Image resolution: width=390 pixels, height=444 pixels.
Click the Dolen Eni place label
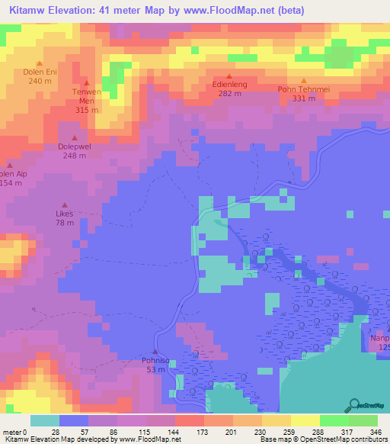(40, 72)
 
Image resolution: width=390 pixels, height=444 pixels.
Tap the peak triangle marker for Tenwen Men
(86, 82)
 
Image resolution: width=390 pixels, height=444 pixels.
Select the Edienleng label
(229, 85)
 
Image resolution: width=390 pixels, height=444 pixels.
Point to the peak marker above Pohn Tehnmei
(304, 80)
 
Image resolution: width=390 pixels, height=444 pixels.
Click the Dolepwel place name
(74, 146)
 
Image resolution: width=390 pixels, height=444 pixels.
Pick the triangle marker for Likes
(65, 204)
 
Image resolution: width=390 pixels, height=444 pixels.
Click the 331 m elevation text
(304, 98)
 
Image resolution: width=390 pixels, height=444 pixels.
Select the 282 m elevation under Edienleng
(229, 94)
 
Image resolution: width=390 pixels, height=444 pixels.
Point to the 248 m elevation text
(74, 156)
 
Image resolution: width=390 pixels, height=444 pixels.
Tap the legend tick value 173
(203, 431)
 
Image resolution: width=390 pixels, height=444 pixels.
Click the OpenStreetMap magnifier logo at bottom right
(354, 405)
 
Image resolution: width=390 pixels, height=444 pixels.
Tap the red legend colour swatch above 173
(189, 420)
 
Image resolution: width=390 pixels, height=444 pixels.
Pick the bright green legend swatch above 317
(334, 420)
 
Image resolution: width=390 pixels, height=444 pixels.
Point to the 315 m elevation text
(86, 110)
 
